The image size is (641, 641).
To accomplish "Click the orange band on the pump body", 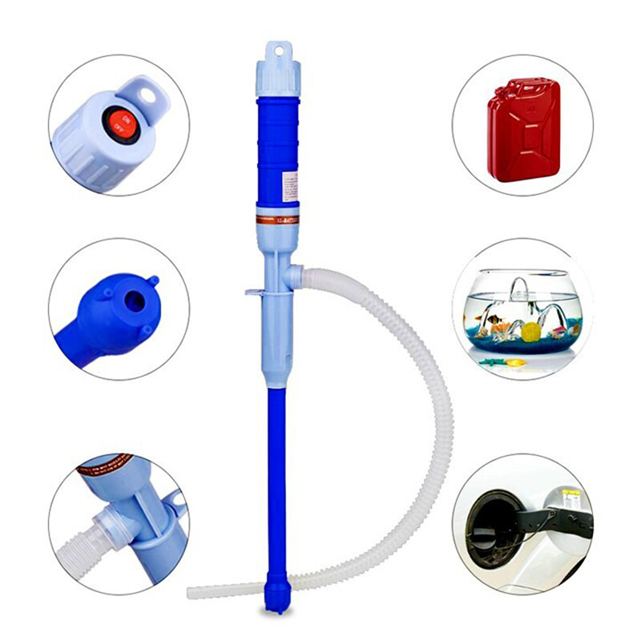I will (277, 218).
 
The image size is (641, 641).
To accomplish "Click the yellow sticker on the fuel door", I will (570, 494).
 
